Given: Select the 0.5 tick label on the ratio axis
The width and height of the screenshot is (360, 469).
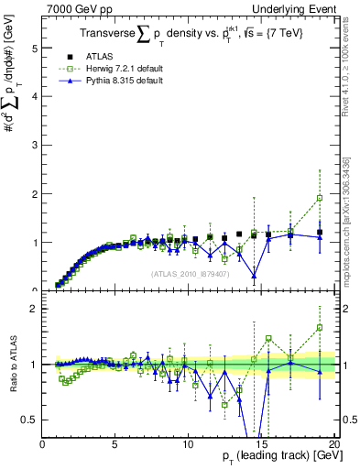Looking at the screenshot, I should (x=30, y=420).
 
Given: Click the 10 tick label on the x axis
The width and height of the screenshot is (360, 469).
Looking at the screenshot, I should (x=187, y=444).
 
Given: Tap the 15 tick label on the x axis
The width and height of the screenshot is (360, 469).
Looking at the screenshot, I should (x=260, y=444).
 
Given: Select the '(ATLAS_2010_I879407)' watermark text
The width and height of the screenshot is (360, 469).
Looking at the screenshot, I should (x=188, y=274).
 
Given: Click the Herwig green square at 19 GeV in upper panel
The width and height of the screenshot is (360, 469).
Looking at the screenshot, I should (x=320, y=198).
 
